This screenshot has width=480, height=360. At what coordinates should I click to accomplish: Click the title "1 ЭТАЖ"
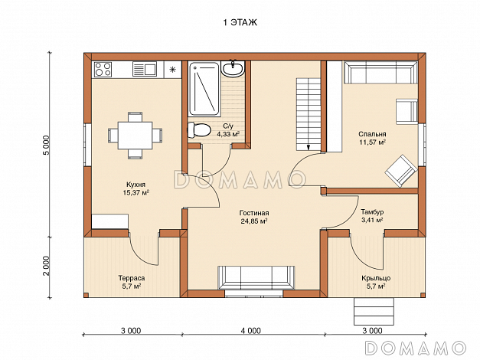click(240, 23)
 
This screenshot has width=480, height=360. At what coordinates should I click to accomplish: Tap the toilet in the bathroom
click(199, 130)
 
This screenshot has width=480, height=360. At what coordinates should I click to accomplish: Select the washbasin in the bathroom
click(233, 68)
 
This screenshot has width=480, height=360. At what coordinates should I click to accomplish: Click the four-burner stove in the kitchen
click(103, 70)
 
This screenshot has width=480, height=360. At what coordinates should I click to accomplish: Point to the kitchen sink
click(145, 69)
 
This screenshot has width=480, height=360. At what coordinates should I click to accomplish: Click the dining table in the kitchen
click(136, 135)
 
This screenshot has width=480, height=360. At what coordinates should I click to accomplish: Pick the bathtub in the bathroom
click(204, 89)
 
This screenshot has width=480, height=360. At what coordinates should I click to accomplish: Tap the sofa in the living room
click(256, 277)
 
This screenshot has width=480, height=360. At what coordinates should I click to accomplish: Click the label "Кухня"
click(136, 185)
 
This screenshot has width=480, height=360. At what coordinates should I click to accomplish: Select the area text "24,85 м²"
click(254, 221)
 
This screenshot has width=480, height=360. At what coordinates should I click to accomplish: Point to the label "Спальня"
click(372, 134)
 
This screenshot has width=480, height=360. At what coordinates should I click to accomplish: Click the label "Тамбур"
click(372, 212)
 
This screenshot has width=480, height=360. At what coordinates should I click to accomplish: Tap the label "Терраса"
click(132, 278)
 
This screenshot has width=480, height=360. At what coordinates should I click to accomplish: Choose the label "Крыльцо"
click(376, 278)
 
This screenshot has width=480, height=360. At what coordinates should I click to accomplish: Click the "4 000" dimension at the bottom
click(250, 331)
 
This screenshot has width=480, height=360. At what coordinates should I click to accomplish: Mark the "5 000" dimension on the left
click(46, 146)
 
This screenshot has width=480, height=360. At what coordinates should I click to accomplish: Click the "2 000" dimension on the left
click(46, 266)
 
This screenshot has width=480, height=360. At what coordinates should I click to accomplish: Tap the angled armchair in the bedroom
click(401, 171)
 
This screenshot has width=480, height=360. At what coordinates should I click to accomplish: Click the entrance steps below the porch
click(374, 311)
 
